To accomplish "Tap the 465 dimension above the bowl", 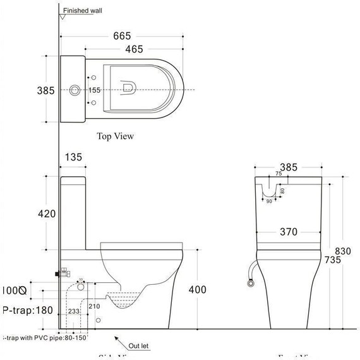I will point(134,49).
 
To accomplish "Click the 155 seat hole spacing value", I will point(95,90).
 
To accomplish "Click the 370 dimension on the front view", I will point(289,232).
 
